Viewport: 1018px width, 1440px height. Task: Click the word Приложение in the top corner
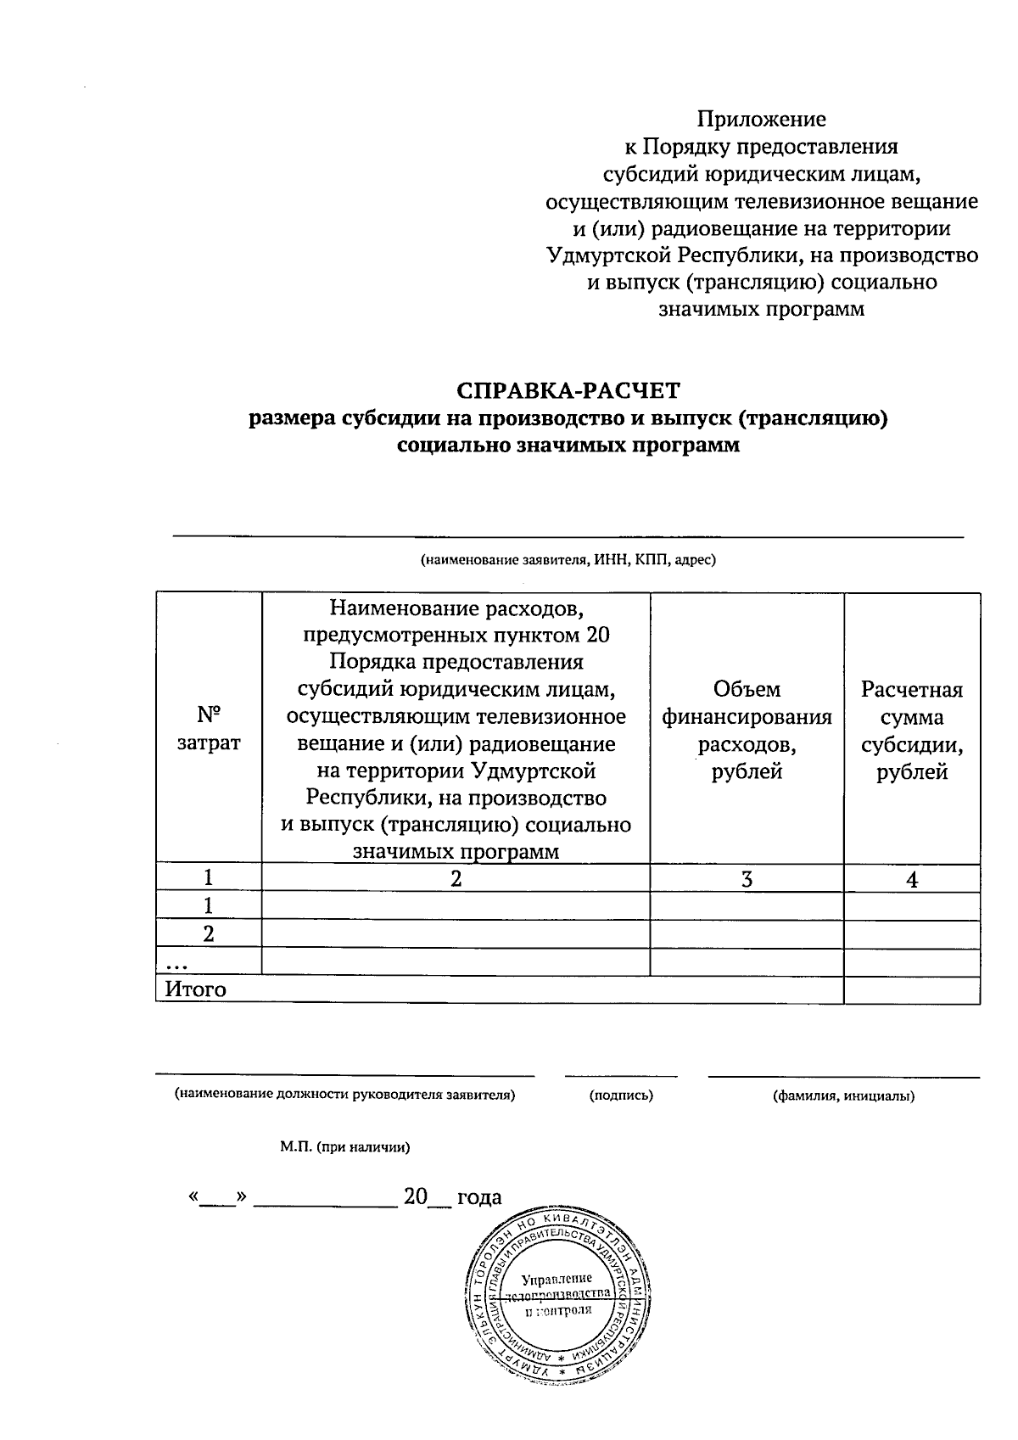761,120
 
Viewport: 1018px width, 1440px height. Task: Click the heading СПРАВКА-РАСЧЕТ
568,390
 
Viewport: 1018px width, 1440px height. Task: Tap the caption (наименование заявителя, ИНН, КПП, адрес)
568,560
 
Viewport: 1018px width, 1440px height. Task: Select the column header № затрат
209,728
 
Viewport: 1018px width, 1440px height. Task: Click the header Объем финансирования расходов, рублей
747,730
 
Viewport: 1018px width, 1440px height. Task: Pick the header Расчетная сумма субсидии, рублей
912,730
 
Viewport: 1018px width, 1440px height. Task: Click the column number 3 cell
747,879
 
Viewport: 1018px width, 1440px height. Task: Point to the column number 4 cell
912,880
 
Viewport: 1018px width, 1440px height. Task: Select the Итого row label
196,989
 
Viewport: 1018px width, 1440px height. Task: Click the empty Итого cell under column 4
912,989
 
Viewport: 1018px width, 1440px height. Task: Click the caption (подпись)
621,1095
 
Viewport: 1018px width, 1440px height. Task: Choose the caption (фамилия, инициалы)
843,1095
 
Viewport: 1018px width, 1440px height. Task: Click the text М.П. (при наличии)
345,1147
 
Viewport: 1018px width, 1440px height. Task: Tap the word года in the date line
479,1197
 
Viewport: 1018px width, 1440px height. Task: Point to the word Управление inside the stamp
557,1279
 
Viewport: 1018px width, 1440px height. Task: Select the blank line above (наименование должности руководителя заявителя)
344,1075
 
